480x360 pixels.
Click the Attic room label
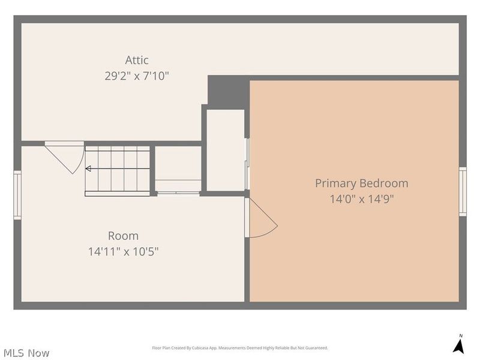click(x=137, y=60)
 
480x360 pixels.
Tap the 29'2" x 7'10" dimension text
click(x=137, y=76)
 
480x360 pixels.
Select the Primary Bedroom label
click(x=362, y=184)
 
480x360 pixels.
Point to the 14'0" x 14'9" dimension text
click(x=362, y=199)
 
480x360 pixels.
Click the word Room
click(x=124, y=236)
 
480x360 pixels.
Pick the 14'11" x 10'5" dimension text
click(x=124, y=251)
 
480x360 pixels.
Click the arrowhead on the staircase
click(x=88, y=169)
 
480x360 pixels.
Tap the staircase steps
click(x=117, y=171)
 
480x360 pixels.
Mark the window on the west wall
click(x=17, y=195)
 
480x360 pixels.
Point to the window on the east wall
click(x=463, y=191)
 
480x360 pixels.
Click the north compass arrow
click(x=459, y=347)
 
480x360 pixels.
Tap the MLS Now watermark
click(x=26, y=353)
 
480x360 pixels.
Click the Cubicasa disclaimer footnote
click(x=240, y=348)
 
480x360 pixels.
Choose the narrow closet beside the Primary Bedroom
click(x=226, y=150)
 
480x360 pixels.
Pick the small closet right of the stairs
click(x=178, y=169)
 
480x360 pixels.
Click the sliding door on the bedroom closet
click(x=247, y=164)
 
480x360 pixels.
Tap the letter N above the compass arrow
click(x=461, y=336)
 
